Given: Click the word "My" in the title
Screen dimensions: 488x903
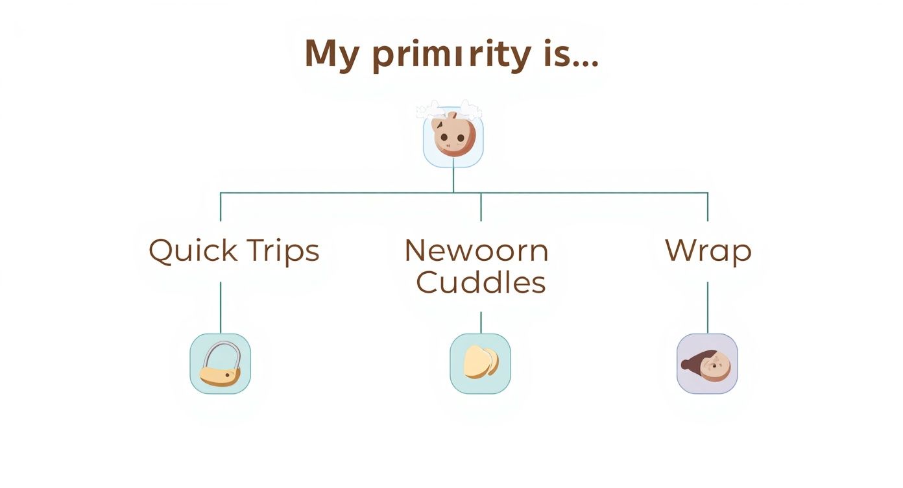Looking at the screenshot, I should [331, 55].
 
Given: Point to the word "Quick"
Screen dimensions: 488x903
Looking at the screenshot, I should [187, 251].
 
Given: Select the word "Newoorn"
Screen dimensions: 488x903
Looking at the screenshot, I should [476, 250].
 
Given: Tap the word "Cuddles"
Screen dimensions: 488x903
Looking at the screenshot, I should [481, 282].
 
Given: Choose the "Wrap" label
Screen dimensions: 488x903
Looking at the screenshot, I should [708, 251].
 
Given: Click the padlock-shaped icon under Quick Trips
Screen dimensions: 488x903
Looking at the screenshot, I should [221, 363].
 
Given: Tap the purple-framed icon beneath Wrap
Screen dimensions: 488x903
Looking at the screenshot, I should [707, 363].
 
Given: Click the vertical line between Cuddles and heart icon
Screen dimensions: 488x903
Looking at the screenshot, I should [481, 322].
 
